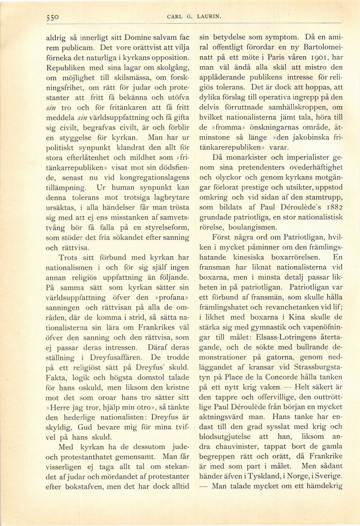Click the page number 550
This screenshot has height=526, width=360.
(55, 17)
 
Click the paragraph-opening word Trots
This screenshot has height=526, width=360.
(68, 257)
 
